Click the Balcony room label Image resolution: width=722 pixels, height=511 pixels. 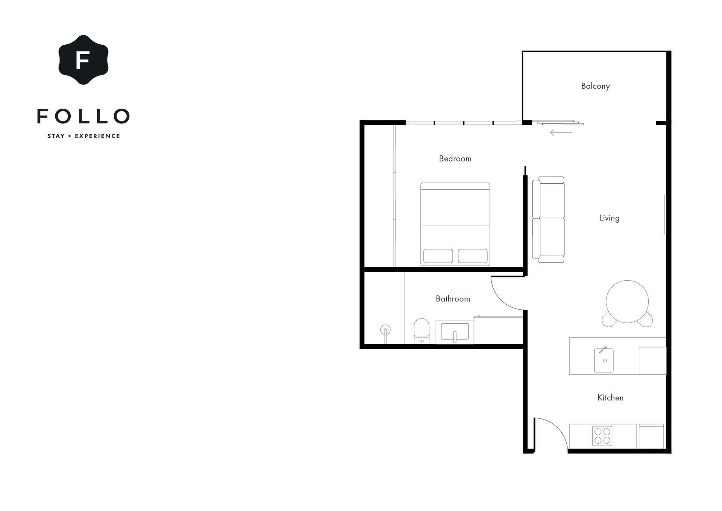coord(595,86)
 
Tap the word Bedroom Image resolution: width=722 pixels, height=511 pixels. coord(455,158)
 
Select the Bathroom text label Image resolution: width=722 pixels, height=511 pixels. coord(453,299)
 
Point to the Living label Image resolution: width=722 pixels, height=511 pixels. coord(609,218)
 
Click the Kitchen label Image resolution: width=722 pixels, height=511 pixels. coord(610,398)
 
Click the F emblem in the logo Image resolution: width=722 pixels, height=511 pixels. coord(83,60)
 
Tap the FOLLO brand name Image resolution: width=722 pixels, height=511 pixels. coord(83,116)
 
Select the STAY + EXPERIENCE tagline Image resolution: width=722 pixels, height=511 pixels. coord(83,136)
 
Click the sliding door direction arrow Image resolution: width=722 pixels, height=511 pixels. coord(561,132)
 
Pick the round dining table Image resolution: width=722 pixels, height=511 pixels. coord(627,301)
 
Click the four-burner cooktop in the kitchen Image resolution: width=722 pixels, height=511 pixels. coord(602,436)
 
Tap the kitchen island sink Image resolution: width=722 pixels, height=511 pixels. coord(604,360)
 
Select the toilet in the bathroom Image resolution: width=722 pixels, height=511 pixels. coord(422,331)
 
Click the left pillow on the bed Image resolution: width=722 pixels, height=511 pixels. coord(438,256)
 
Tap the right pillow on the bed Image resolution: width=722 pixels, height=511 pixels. coord(473,256)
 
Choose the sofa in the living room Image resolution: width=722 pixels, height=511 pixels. coord(548,219)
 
